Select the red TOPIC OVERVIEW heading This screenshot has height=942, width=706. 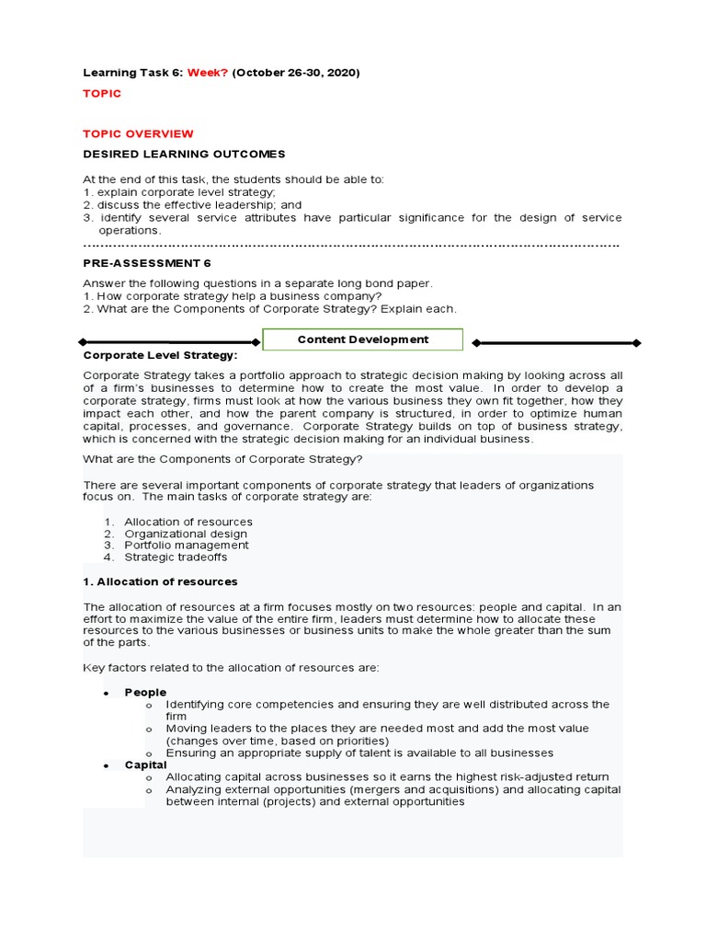coord(139,133)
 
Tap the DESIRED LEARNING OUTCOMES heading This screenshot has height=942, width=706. coord(185,154)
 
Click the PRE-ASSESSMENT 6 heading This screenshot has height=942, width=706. coord(147,262)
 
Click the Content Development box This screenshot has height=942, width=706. coord(363,339)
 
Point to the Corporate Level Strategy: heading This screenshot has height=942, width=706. coord(160,354)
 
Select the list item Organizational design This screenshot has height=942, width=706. coord(186,534)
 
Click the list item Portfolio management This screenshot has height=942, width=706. coord(187,545)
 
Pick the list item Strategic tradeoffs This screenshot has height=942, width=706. coord(176,557)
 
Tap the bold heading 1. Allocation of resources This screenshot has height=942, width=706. coord(161,581)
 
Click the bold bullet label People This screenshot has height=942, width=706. coord(145,692)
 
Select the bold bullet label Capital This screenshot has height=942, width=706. coord(146,764)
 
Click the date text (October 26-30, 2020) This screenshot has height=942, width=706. coord(296,72)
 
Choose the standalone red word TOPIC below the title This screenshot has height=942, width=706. coord(102,94)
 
